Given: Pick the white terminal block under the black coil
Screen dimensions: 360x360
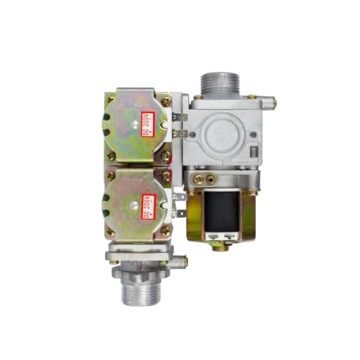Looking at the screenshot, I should pos(220,235).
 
